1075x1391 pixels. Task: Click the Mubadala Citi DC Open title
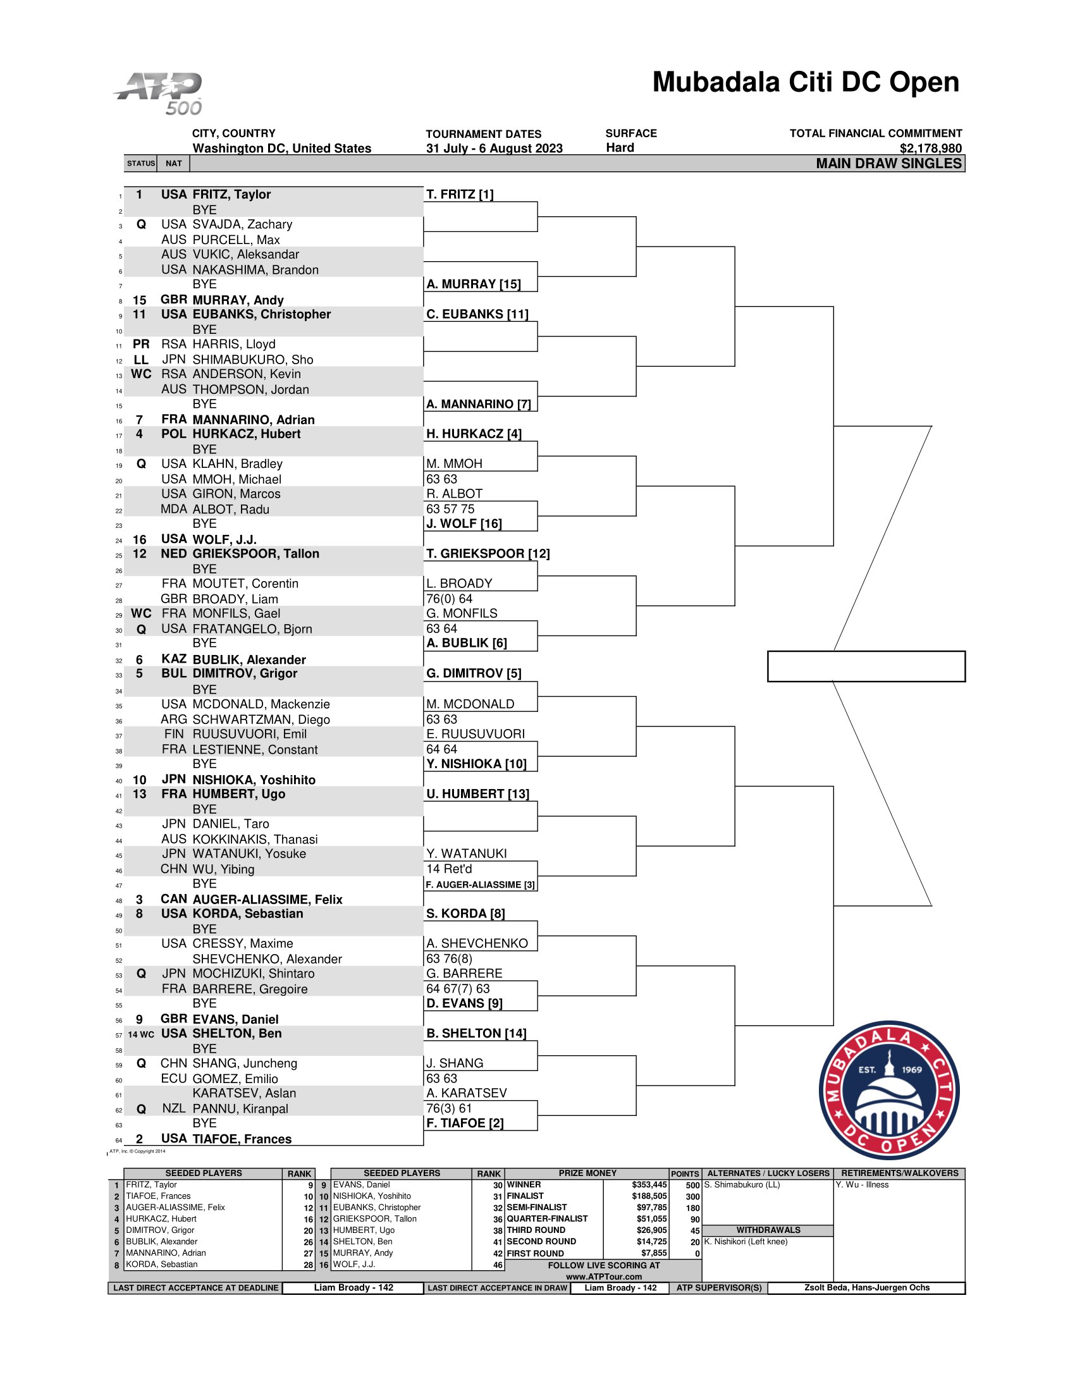(805, 82)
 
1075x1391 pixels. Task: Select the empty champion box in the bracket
(866, 666)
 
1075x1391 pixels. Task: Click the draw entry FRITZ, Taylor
(231, 194)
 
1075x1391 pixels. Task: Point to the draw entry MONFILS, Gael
(236, 613)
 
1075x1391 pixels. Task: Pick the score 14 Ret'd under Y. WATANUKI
(449, 869)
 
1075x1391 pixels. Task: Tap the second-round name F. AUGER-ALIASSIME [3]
(479, 885)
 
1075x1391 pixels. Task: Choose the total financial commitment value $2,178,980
(930, 149)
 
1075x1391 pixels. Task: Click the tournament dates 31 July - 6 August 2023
(494, 149)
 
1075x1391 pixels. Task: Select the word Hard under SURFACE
(620, 148)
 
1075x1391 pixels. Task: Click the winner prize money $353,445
(649, 1185)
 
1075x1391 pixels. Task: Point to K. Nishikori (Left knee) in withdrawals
(746, 1241)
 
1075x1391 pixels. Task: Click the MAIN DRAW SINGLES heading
(888, 164)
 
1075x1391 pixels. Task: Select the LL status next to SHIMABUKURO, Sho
(141, 360)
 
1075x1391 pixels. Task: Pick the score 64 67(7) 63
(458, 988)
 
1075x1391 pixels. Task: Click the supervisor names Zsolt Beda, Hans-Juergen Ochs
(866, 1287)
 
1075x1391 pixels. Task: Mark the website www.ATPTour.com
(603, 1277)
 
